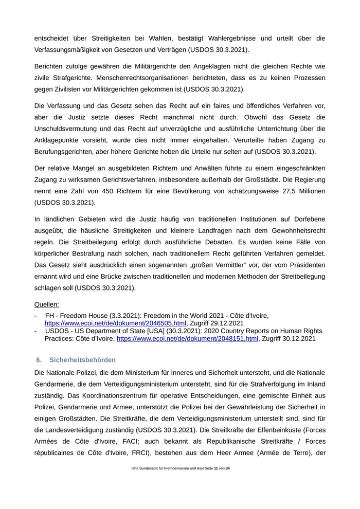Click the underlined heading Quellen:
(46, 304)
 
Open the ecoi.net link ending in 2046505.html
(115, 323)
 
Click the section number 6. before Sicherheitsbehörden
(39, 359)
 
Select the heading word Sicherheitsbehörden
(83, 359)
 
